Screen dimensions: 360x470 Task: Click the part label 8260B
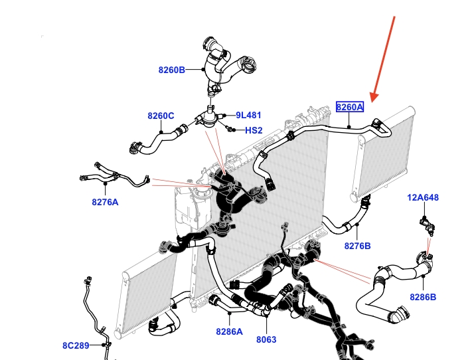click(x=171, y=68)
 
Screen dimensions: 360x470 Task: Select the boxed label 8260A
click(x=350, y=107)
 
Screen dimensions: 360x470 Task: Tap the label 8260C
click(x=161, y=116)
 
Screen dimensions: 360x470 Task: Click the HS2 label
click(x=254, y=130)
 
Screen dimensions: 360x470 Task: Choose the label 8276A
click(x=105, y=202)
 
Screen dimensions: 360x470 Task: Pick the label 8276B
click(x=357, y=246)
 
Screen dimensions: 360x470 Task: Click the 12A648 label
click(x=423, y=198)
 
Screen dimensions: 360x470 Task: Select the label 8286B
click(x=423, y=297)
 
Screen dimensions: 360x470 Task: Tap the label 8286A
click(x=230, y=330)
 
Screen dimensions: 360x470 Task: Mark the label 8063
click(x=266, y=339)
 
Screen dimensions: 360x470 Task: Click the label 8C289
click(x=76, y=345)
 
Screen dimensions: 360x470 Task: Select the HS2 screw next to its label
click(x=229, y=128)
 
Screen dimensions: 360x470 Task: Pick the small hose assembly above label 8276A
click(x=113, y=175)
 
